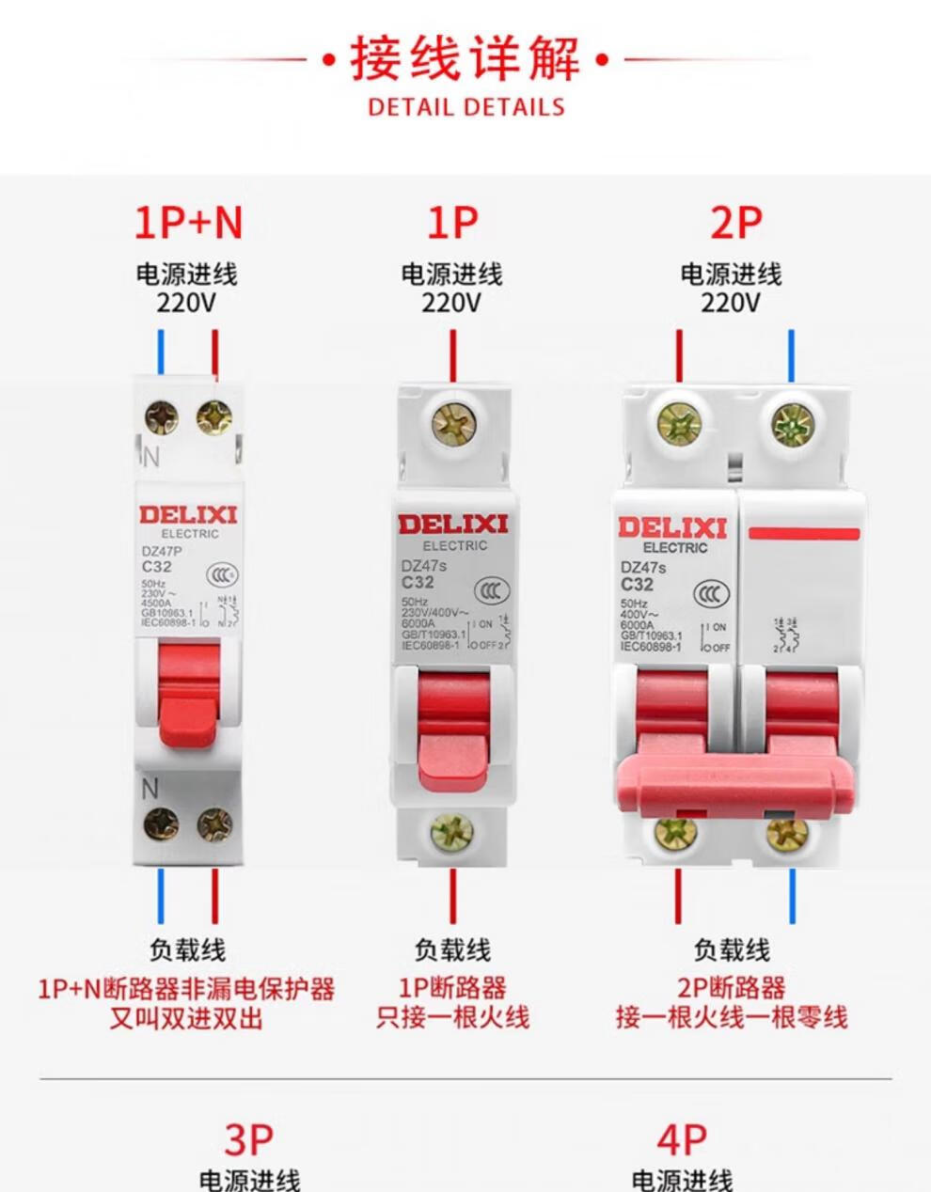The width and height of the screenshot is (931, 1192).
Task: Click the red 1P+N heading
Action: point(188,223)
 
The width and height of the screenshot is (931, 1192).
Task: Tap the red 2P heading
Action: point(735,223)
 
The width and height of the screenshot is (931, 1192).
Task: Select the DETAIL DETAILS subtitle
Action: point(466,106)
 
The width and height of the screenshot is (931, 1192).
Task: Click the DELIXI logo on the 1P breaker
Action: point(452,525)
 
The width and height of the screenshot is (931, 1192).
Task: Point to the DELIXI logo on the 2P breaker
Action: point(672,527)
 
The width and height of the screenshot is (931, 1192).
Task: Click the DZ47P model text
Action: point(161,552)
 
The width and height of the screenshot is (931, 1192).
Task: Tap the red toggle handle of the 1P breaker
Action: point(452,733)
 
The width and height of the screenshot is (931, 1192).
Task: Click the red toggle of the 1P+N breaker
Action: point(188,696)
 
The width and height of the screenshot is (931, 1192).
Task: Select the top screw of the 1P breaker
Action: point(452,426)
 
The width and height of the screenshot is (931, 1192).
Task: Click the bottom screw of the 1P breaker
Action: point(452,831)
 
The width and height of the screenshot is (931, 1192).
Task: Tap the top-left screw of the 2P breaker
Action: point(679,424)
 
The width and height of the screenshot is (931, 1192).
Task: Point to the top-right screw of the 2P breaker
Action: point(791,424)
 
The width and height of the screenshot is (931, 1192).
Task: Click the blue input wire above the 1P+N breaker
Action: point(162,353)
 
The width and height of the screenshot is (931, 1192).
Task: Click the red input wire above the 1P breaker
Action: point(452,355)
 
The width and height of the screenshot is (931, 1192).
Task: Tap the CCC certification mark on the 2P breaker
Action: point(709,594)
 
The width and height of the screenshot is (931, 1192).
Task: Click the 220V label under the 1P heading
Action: point(451,303)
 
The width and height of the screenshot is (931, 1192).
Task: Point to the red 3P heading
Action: point(248,1140)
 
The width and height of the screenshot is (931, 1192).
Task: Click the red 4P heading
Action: point(682,1140)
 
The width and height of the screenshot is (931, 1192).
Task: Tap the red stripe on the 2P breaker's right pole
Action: point(804,534)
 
